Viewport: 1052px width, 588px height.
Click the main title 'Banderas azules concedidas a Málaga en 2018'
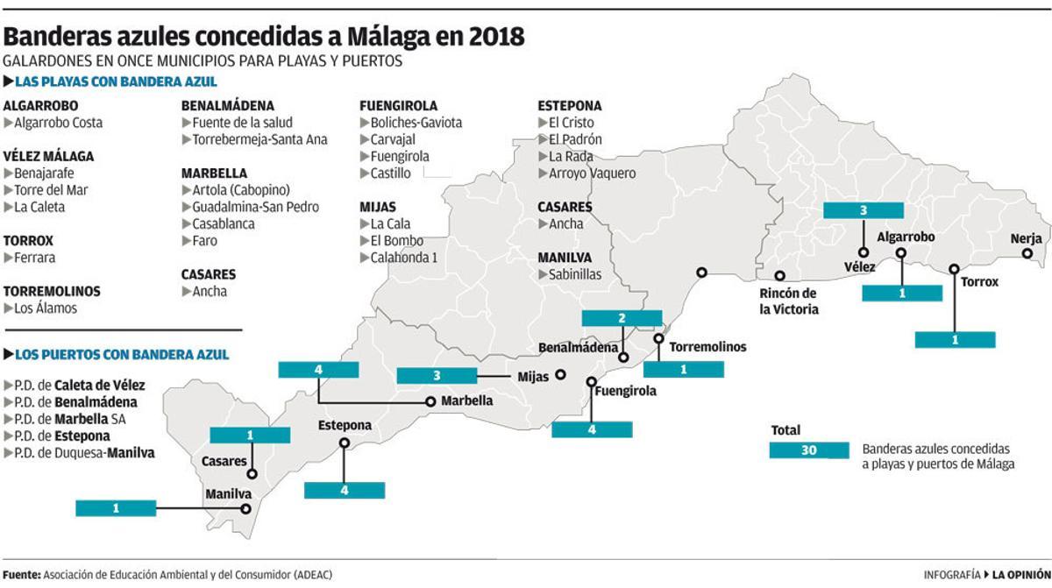click(x=264, y=37)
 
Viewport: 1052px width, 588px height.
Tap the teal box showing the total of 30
click(x=808, y=450)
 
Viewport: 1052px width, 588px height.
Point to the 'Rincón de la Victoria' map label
click(x=788, y=301)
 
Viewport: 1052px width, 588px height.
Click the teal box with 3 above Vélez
click(x=863, y=210)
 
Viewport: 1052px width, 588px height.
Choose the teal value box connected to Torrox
click(x=955, y=339)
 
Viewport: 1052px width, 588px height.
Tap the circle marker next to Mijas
click(x=561, y=375)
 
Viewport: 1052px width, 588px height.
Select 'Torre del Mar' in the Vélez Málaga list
click(x=51, y=190)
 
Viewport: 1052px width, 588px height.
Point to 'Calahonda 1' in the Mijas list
click(x=403, y=258)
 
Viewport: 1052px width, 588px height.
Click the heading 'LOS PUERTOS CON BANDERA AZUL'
click(x=122, y=355)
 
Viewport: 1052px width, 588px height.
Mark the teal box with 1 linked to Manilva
click(x=116, y=507)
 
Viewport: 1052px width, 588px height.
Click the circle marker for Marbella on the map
click(x=430, y=402)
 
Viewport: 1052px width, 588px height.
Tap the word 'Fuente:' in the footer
click(x=22, y=574)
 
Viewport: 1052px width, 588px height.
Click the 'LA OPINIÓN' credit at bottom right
click(x=1019, y=574)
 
